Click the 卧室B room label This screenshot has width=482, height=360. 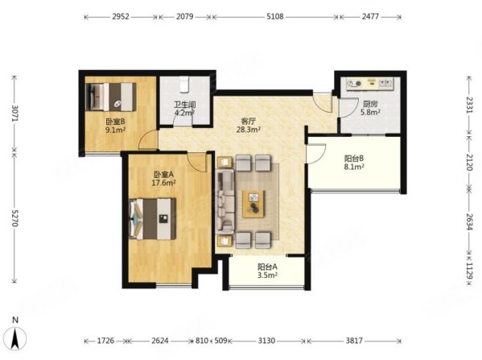pyautogui.click(x=115, y=122)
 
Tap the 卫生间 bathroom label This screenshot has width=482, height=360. pyautogui.click(x=185, y=105)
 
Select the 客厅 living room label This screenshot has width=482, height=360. pyautogui.click(x=249, y=121)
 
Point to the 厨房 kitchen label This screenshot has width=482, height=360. pyautogui.click(x=370, y=104)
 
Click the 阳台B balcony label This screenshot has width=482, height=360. pyautogui.click(x=354, y=159)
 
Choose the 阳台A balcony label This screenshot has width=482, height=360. pyautogui.click(x=267, y=267)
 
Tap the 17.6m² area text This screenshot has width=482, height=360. pyautogui.click(x=163, y=183)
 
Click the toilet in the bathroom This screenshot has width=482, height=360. pyautogui.click(x=183, y=85)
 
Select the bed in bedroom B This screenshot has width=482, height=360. pyautogui.click(x=111, y=97)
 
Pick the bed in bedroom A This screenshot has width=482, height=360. pyautogui.click(x=152, y=218)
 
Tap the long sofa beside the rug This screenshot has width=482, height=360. pyautogui.click(x=225, y=201)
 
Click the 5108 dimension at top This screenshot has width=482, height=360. pyautogui.click(x=275, y=16)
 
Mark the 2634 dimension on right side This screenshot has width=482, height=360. pyautogui.click(x=469, y=221)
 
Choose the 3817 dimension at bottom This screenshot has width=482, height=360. pyautogui.click(x=354, y=341)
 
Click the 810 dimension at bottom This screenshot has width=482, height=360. pyautogui.click(x=202, y=341)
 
